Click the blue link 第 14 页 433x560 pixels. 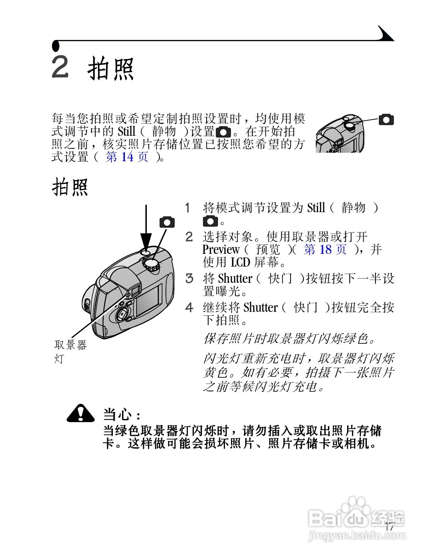127,157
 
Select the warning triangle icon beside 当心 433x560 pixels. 81,413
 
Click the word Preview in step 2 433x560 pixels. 221,250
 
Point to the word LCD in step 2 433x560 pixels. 240,262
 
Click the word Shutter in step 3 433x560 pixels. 235,279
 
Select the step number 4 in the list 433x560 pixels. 189,308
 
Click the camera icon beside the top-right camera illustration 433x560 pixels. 386,119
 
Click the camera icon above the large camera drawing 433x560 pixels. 167,222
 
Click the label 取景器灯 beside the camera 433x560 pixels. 70,351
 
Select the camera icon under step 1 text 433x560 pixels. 210,222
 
